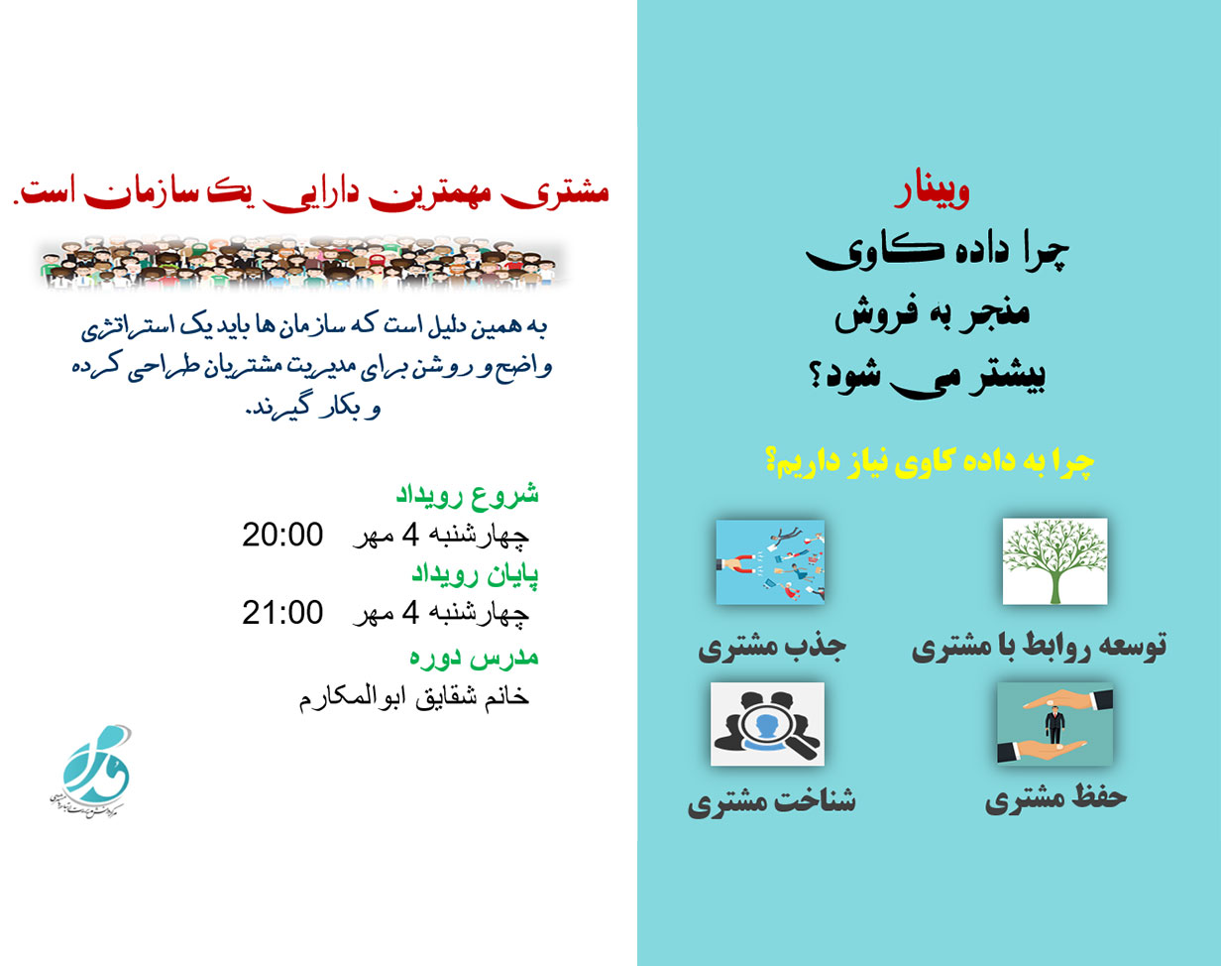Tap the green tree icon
pyautogui.click(x=1054, y=561)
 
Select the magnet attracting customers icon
pyautogui.click(x=770, y=562)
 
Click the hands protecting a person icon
pyautogui.click(x=1054, y=723)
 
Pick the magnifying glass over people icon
pyautogui.click(x=767, y=724)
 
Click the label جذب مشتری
pyautogui.click(x=772, y=649)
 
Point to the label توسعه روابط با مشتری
pyautogui.click(x=1039, y=647)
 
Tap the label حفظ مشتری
pyautogui.click(x=1055, y=799)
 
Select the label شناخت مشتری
pyautogui.click(x=771, y=801)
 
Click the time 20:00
pyautogui.click(x=282, y=536)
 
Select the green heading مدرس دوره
pyautogui.click(x=474, y=657)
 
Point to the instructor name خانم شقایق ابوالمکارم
pyautogui.click(x=414, y=696)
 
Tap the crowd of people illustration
pyautogui.click(x=302, y=264)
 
